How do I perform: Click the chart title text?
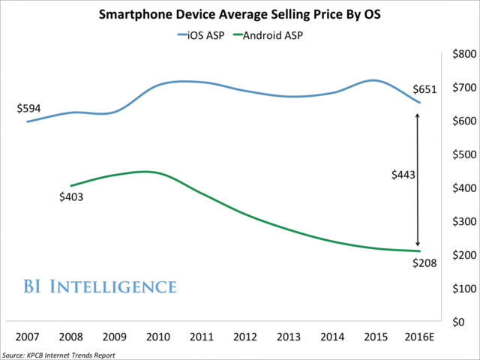click(240, 12)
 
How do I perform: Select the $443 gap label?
click(404, 174)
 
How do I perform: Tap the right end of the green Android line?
click(418, 250)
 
